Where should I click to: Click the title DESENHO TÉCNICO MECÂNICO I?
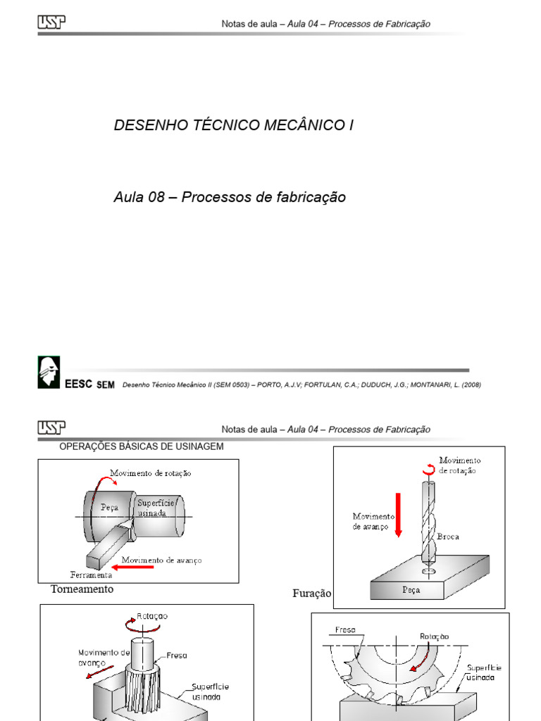233,125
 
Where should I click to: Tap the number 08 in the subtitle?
156,197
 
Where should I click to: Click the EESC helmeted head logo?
49,372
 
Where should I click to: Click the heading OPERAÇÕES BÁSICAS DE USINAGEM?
142,446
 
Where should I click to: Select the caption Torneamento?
82,589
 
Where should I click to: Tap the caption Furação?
311,594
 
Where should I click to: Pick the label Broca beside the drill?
448,537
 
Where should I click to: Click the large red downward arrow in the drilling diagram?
398,515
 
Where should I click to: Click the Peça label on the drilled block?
411,590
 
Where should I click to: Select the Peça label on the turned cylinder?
109,506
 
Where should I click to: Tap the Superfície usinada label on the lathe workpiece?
152,508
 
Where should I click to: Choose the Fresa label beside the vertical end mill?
177,656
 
